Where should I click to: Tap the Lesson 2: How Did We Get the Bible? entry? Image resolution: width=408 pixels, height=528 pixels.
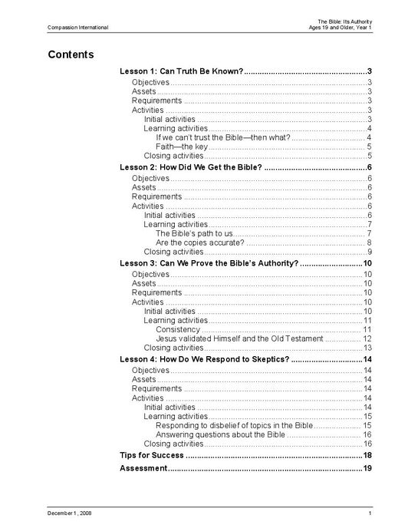191,167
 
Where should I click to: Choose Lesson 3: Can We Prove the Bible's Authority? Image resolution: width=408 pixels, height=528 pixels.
209,262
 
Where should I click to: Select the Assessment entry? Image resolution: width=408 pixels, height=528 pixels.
143,468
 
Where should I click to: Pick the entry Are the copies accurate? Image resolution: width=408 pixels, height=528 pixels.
200,243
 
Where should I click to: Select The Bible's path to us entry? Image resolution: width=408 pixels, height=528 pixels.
194,233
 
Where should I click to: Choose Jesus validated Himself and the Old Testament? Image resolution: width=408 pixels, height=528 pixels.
239,338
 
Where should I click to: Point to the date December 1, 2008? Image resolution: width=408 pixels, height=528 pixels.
70,513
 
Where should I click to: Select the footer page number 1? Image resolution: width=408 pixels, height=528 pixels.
370,513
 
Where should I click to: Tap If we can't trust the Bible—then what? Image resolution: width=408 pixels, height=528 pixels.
222,137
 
